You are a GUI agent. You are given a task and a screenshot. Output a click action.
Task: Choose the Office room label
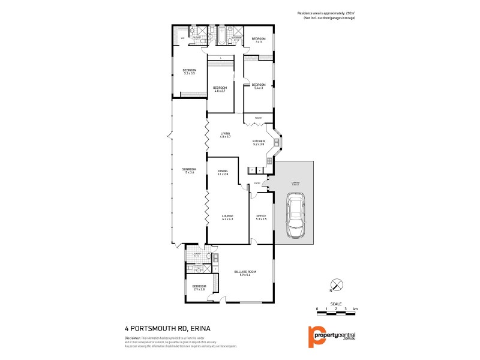pyautogui.click(x=261, y=217)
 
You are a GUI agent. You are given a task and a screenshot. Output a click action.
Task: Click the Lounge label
pyautogui.click(x=226, y=217)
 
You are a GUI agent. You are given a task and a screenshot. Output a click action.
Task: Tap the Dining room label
pyautogui.click(x=223, y=172)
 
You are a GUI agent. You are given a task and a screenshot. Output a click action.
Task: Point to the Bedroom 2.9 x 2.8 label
pyautogui.click(x=199, y=287)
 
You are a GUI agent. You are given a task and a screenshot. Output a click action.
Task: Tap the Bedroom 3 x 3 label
pyautogui.click(x=259, y=40)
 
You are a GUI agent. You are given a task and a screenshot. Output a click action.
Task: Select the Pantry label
pyautogui.click(x=257, y=118)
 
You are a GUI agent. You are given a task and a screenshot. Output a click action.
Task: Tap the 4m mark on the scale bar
pyautogui.click(x=355, y=308)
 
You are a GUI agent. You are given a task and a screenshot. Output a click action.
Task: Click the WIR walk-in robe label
pyautogui.click(x=182, y=38)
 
